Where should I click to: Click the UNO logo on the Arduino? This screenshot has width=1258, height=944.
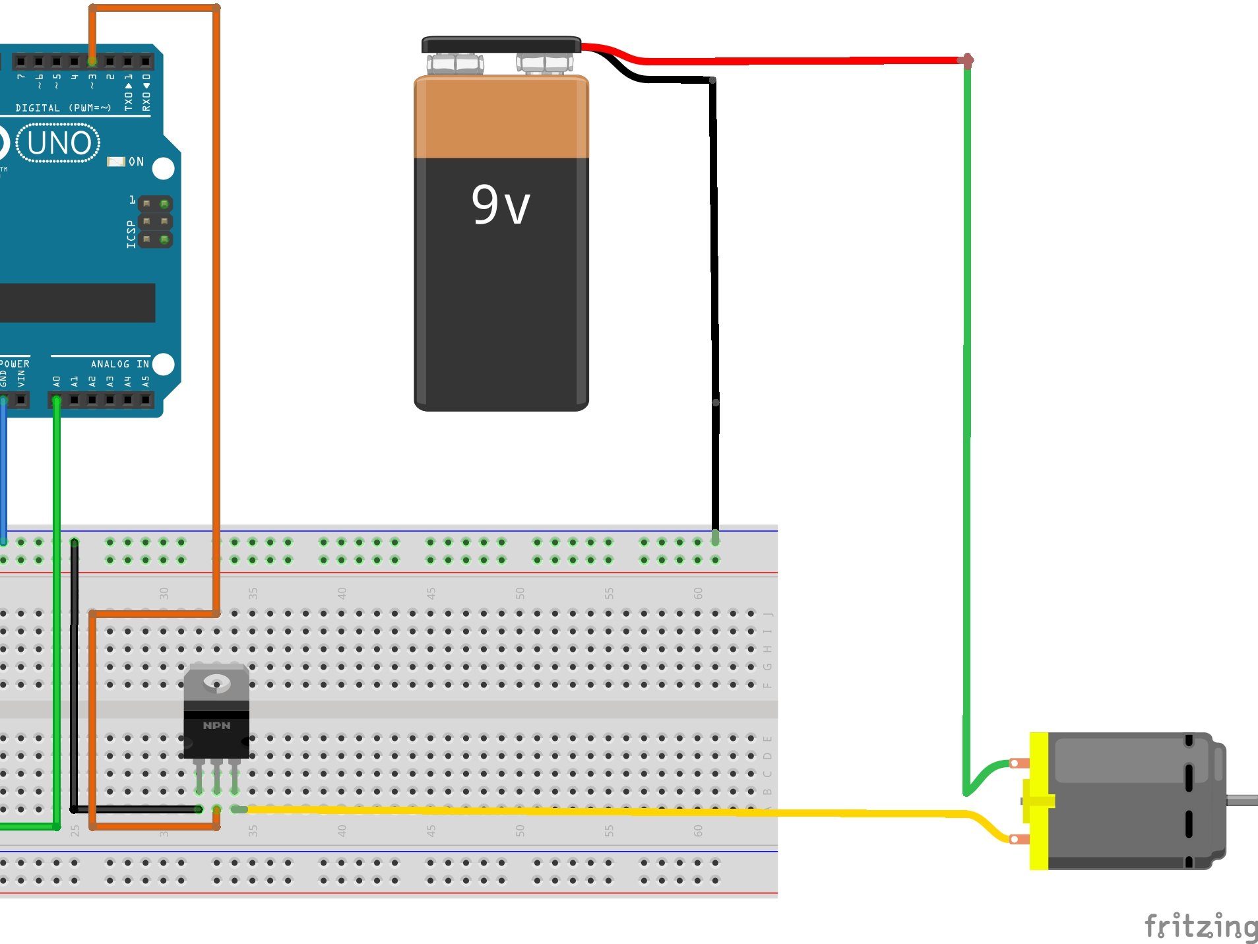59,143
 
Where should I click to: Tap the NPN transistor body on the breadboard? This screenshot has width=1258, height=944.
216,732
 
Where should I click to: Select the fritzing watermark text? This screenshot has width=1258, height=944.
1201,926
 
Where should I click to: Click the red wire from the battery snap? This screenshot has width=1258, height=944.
792,61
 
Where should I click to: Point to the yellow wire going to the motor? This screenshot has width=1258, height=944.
594,811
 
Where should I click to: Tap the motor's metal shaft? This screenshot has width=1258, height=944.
1243,800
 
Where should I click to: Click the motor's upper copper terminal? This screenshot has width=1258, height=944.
1019,763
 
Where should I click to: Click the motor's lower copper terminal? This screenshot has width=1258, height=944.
1019,839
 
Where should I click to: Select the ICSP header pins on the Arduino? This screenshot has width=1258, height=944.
155,222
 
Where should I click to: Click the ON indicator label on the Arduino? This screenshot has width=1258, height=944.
136,162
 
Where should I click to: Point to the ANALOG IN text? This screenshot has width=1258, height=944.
119,364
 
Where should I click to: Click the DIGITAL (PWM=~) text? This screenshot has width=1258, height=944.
63,108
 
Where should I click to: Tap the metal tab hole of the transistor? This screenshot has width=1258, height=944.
216,682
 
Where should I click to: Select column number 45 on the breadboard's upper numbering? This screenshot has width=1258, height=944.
431,593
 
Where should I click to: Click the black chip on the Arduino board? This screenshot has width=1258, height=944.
76,303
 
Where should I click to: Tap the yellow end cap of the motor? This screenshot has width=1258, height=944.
1038,801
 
